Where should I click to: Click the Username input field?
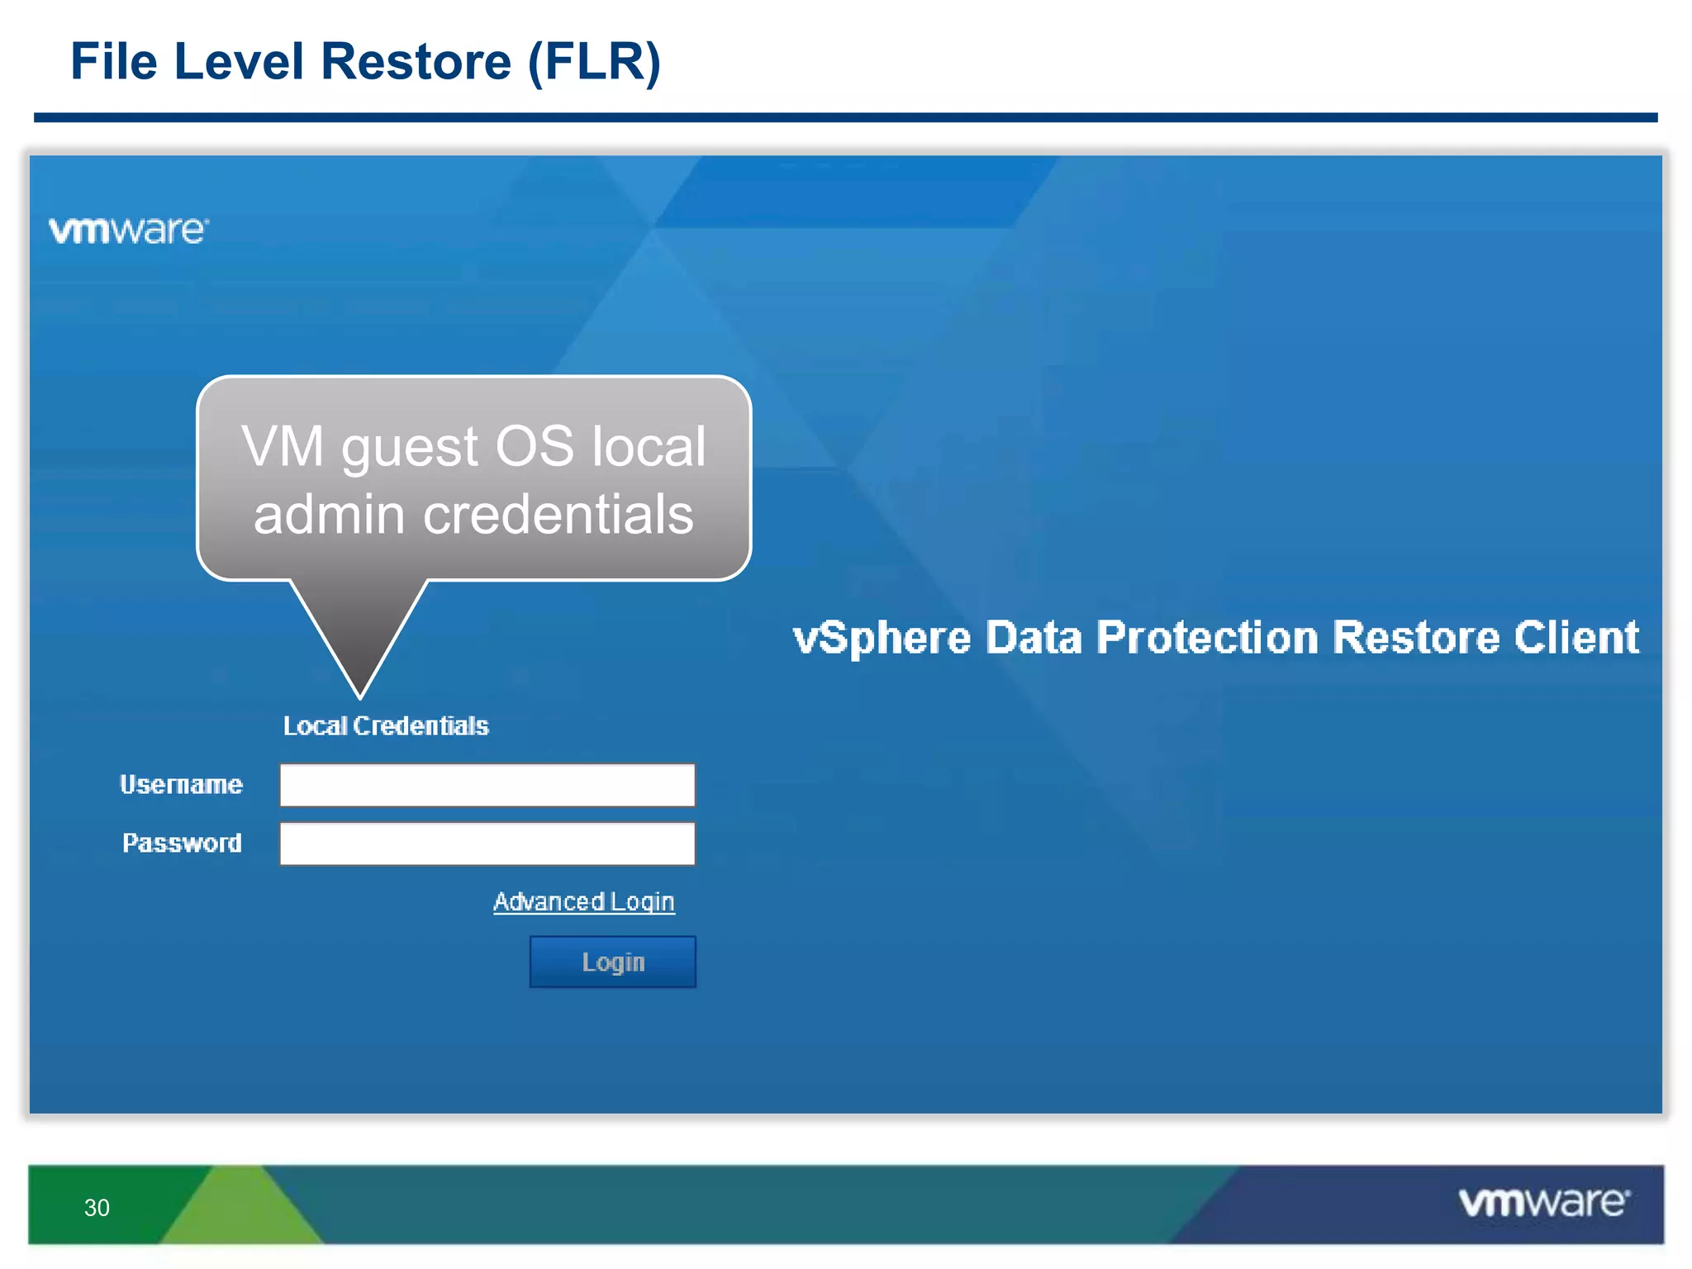[x=487, y=785]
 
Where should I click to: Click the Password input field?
[x=487, y=844]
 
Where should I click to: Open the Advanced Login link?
[x=583, y=901]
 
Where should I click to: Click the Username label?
[x=181, y=784]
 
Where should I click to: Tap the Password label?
[x=182, y=843]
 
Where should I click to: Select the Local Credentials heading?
[x=386, y=725]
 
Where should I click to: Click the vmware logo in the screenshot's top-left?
[x=128, y=231]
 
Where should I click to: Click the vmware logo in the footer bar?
[x=1543, y=1202]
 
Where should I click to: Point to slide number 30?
[x=97, y=1208]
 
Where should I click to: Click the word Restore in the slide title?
[x=416, y=61]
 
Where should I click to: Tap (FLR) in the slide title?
[x=594, y=61]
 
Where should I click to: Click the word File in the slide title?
[x=113, y=61]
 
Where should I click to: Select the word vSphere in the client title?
[x=882, y=638]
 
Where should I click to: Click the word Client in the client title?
[x=1576, y=637]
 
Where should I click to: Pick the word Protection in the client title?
[x=1207, y=637]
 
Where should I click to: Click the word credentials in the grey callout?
[x=558, y=514]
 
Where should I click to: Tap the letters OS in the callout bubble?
[x=534, y=446]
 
